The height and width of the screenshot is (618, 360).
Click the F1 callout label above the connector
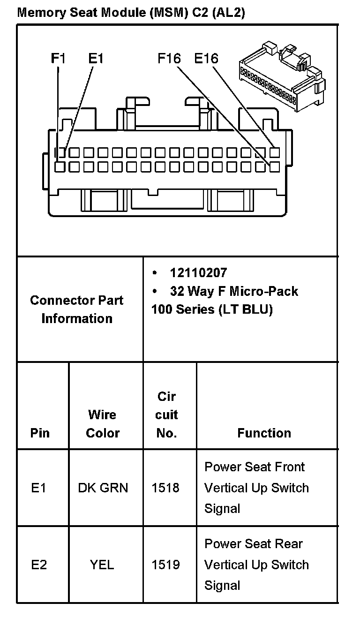click(58, 59)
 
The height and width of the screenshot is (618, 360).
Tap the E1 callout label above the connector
click(96, 59)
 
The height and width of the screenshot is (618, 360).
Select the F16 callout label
click(169, 59)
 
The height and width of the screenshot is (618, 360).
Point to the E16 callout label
click(206, 59)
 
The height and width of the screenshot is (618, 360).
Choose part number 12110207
click(198, 273)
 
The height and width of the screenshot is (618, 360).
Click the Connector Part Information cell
click(76, 309)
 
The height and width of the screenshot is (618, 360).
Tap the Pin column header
click(40, 433)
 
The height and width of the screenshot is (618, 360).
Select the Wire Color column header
click(103, 423)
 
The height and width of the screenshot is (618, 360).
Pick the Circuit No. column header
click(166, 415)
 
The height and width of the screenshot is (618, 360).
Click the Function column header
click(264, 433)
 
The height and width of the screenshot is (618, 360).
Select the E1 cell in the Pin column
click(39, 488)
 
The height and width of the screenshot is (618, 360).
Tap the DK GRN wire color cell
click(103, 488)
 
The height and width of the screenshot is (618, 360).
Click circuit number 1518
click(165, 488)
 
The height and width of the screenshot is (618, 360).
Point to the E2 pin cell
click(39, 565)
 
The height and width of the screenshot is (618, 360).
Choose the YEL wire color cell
click(102, 565)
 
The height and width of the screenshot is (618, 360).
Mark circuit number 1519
click(165, 565)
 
